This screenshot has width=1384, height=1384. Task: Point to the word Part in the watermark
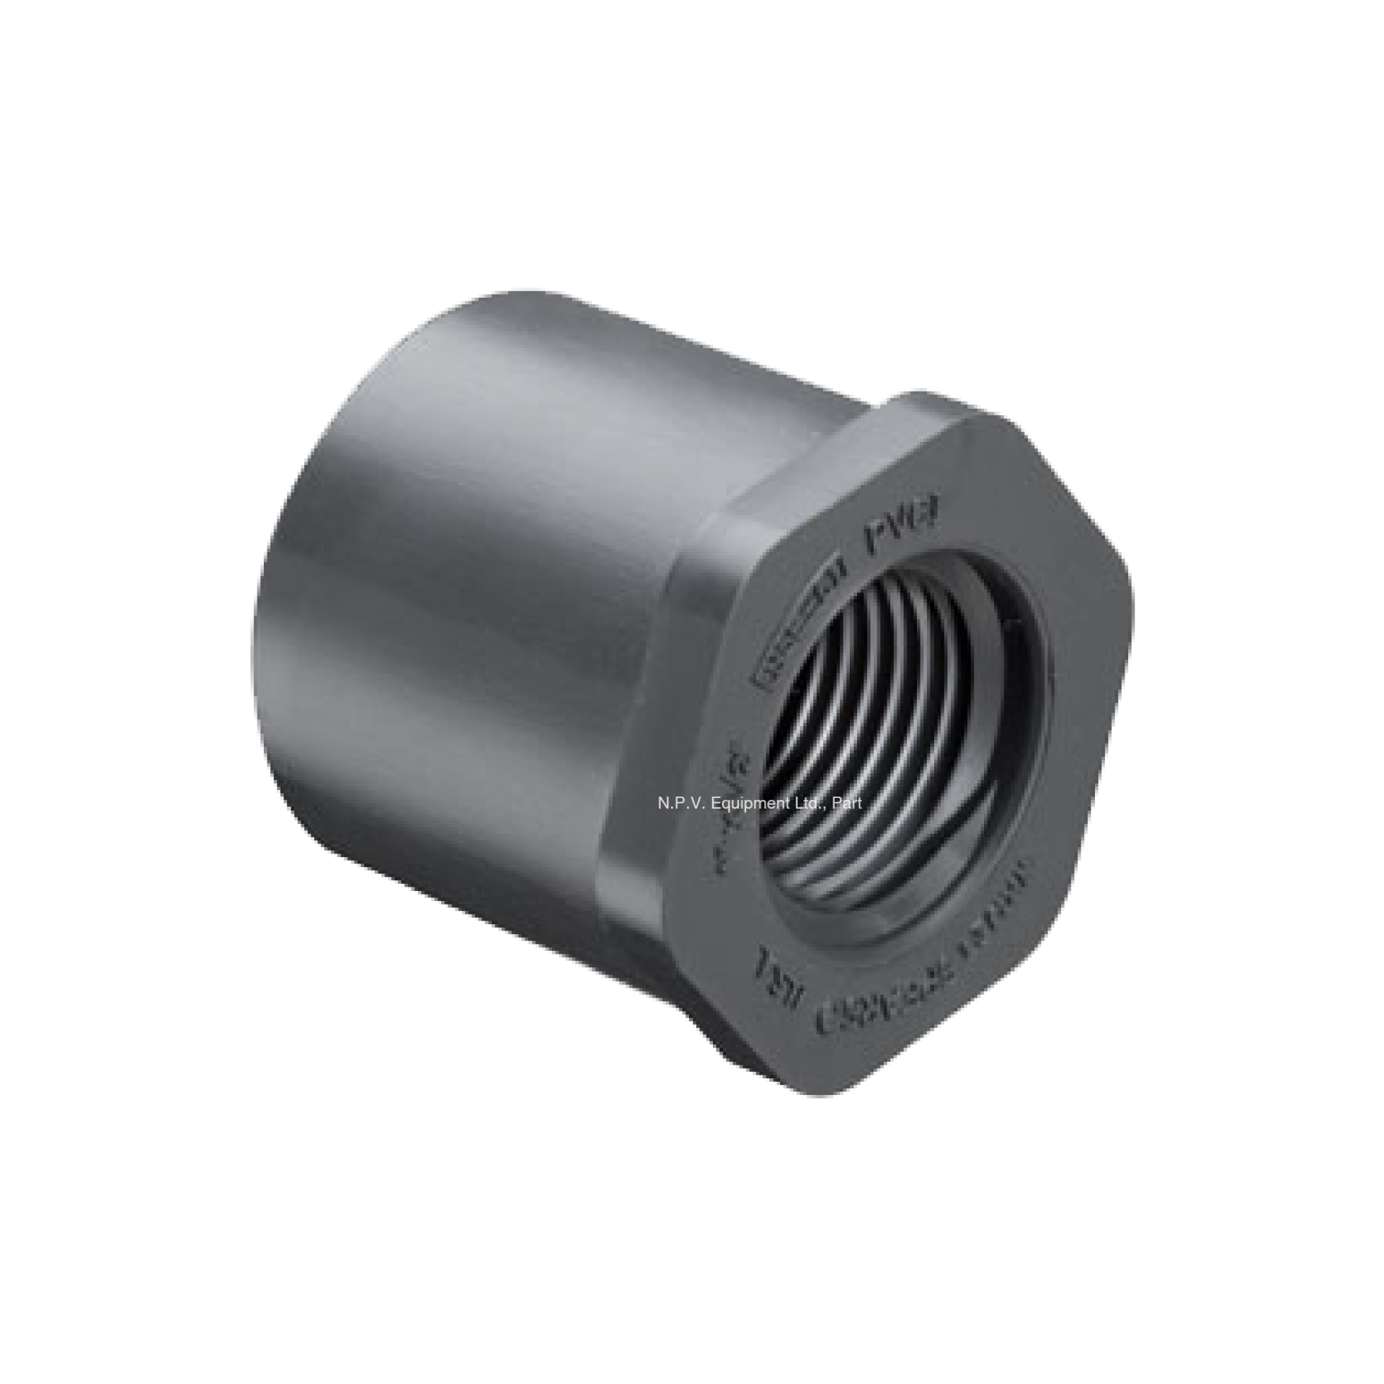(848, 802)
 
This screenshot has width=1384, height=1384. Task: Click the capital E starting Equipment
(714, 802)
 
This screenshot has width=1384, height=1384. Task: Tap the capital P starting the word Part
(837, 802)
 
